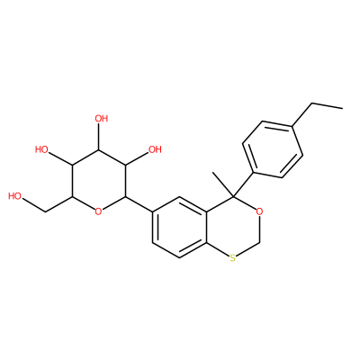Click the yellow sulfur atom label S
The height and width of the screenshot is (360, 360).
(x=233, y=257)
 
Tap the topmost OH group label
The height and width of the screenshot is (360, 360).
(x=102, y=119)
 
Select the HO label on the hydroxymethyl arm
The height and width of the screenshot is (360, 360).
(x=15, y=196)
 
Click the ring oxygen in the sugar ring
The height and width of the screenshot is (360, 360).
(x=98, y=211)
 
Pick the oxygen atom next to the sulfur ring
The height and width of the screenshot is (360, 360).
(x=260, y=211)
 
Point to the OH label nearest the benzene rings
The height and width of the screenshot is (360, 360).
(x=155, y=149)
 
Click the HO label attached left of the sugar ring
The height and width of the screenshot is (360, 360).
(x=41, y=149)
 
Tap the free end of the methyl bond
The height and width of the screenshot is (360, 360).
(x=212, y=172)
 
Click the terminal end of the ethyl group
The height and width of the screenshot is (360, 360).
(x=342, y=108)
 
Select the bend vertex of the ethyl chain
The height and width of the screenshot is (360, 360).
(x=312, y=103)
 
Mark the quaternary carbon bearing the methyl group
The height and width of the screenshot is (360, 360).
(x=233, y=196)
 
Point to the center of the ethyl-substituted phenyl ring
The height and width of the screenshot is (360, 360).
(x=273, y=149)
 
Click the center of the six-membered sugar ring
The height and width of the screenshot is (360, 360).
(x=98, y=181)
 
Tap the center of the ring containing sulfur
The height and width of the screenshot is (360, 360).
(x=233, y=227)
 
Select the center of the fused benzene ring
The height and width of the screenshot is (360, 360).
(x=179, y=227)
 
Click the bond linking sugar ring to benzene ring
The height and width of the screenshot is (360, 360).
(x=139, y=204)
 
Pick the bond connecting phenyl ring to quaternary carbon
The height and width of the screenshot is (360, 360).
(x=244, y=184)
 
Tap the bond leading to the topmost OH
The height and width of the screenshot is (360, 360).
(x=98, y=137)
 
